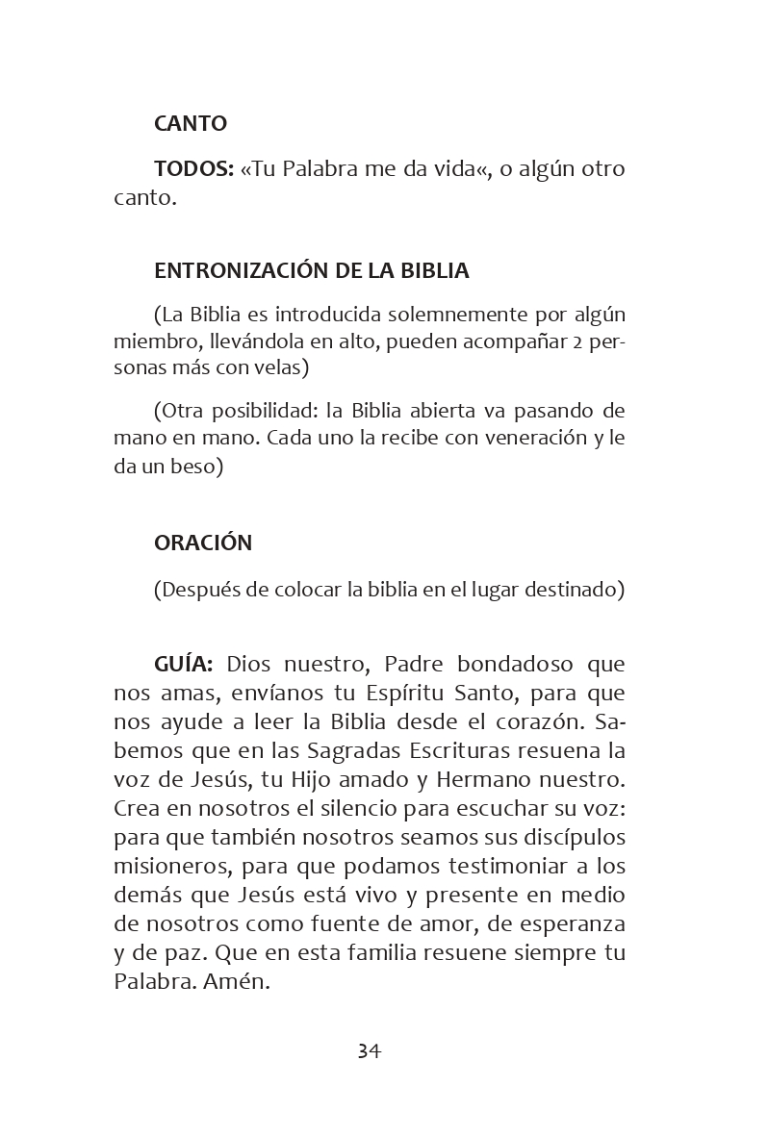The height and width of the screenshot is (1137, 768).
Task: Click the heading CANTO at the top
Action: [191, 124]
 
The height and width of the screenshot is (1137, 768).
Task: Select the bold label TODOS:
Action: [193, 169]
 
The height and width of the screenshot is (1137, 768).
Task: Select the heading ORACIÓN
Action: [203, 543]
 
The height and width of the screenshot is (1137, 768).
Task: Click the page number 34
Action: [370, 1050]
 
